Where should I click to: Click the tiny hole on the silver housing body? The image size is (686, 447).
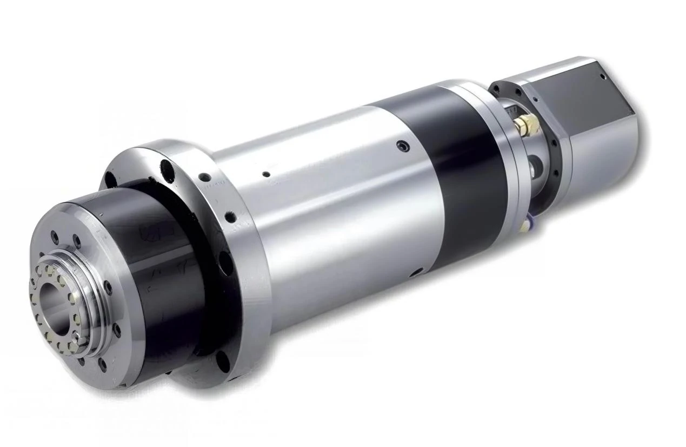point(266,174)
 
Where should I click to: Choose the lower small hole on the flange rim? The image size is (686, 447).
point(231,216)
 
